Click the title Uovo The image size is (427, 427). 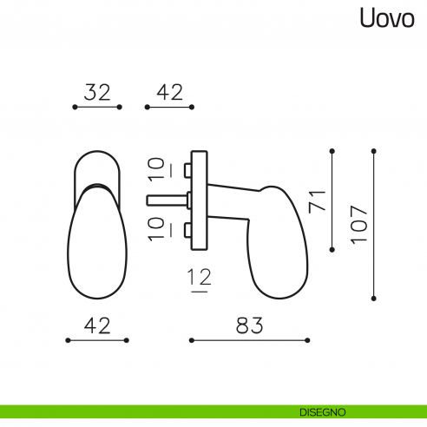[x=389, y=19]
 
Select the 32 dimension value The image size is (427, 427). [x=98, y=92]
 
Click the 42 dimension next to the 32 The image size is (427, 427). [x=170, y=92]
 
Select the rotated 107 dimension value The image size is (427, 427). [x=359, y=223]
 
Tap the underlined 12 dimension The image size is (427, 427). [x=198, y=279]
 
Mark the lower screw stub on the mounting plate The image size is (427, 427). [x=189, y=230]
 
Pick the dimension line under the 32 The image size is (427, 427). [x=97, y=108]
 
